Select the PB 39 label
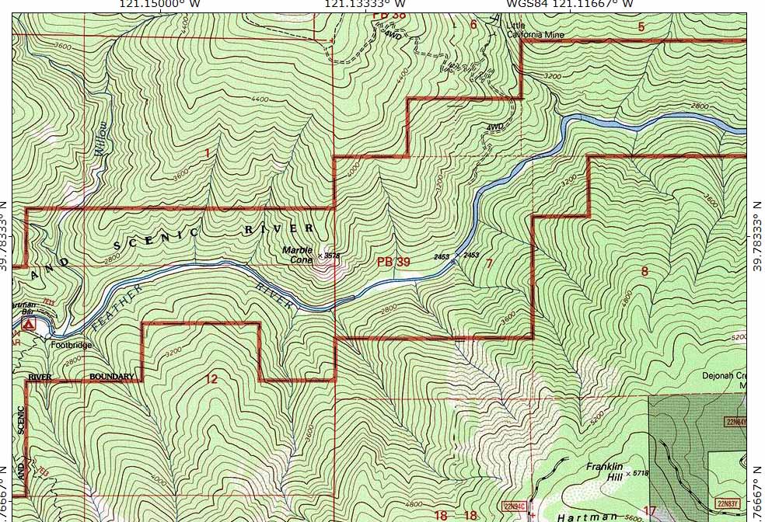point(393,262)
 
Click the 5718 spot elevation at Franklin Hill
point(641,473)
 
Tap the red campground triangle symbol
point(30,324)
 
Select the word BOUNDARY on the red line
point(111,377)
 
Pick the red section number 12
point(211,379)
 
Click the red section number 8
point(644,271)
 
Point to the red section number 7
point(489,263)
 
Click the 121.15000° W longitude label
point(159,4)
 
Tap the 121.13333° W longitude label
point(365,4)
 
